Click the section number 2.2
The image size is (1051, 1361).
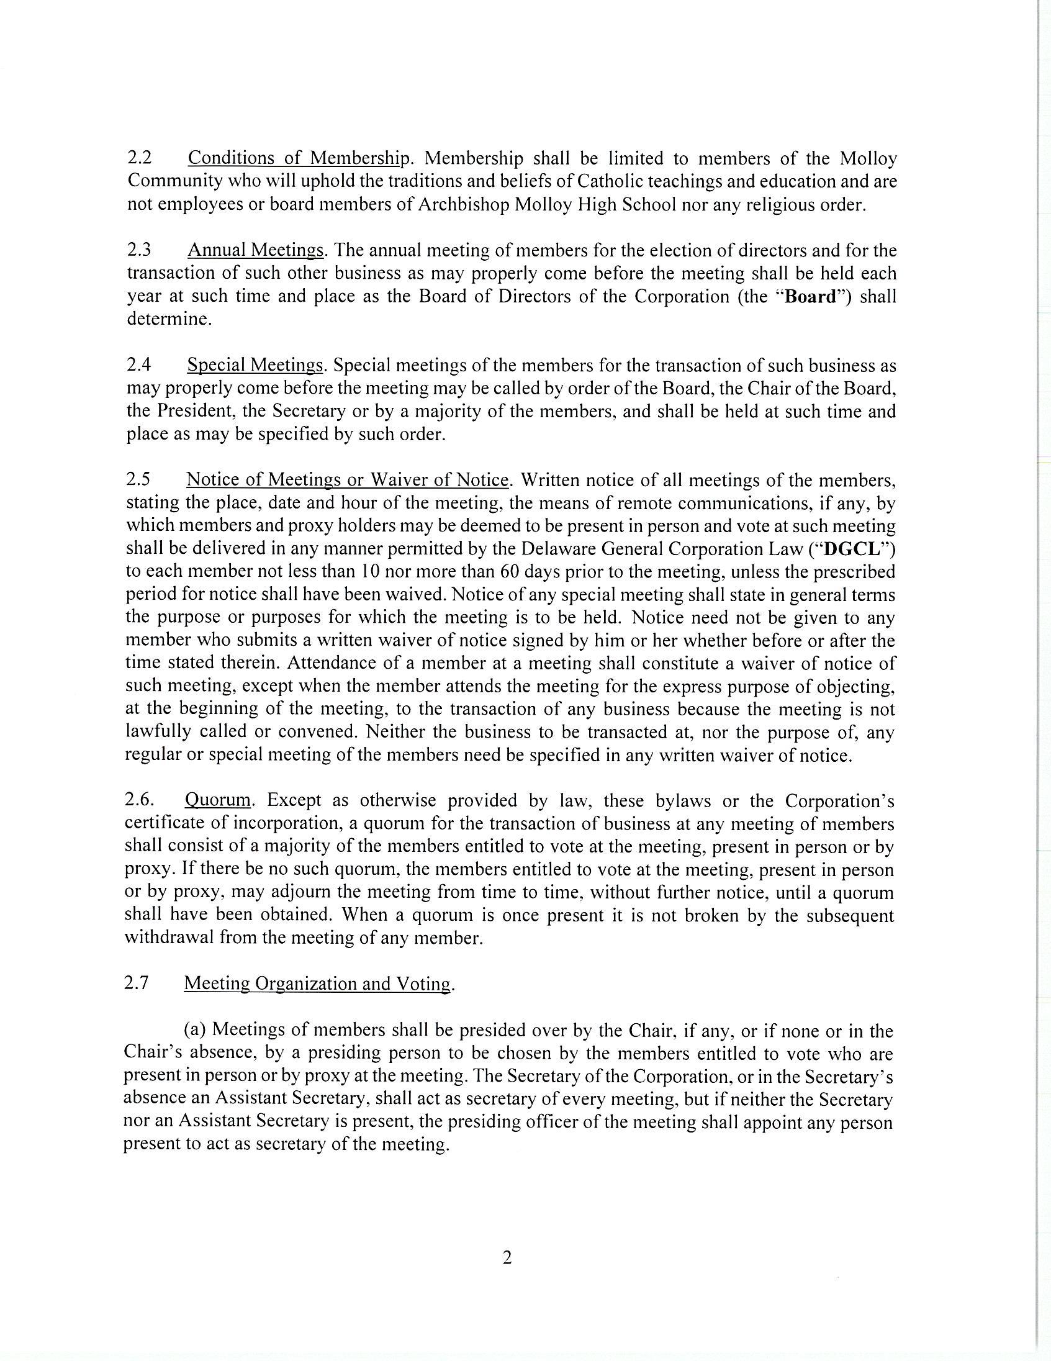coord(140,158)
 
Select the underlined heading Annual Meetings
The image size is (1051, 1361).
coord(256,250)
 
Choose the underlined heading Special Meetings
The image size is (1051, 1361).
coord(255,365)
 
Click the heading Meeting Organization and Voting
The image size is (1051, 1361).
coord(317,983)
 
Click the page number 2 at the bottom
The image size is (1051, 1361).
coord(507,1259)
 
